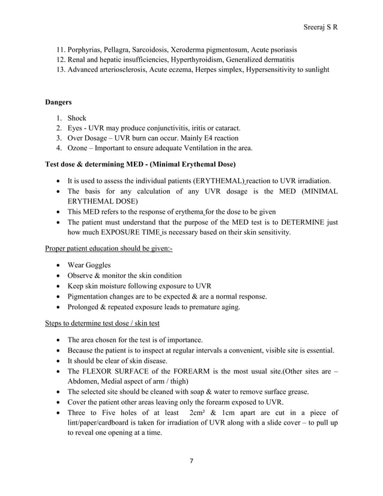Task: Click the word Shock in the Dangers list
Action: pos(77,118)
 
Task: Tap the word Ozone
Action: pos(79,148)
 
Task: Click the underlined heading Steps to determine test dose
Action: pos(103,324)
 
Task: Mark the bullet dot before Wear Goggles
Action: pos(57,265)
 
